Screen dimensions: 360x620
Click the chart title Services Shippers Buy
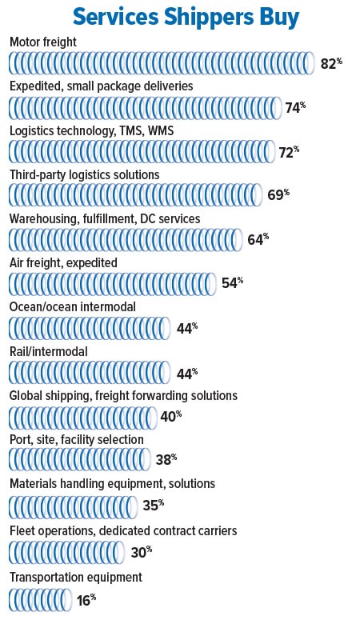(x=186, y=18)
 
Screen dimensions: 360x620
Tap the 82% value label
(x=331, y=63)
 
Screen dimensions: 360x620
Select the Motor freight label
(x=43, y=42)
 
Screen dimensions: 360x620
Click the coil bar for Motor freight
(x=162, y=63)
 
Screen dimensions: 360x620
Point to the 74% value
(x=295, y=107)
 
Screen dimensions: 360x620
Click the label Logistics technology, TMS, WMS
(x=92, y=131)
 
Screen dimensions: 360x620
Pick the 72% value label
(x=289, y=152)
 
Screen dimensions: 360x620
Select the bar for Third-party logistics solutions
(x=136, y=195)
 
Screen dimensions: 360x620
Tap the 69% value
(x=278, y=195)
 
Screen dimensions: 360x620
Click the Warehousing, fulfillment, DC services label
(x=105, y=219)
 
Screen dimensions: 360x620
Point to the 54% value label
(x=232, y=283)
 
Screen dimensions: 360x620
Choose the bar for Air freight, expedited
(x=113, y=284)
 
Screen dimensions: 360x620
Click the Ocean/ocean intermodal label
(x=73, y=307)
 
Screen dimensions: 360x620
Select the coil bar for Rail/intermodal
(x=90, y=373)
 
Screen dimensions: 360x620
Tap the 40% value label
(x=171, y=416)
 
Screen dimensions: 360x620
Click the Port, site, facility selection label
(x=77, y=440)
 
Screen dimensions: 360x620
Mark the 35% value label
(x=153, y=505)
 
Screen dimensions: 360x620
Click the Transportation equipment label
(x=76, y=578)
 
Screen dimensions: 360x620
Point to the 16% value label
(x=86, y=600)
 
